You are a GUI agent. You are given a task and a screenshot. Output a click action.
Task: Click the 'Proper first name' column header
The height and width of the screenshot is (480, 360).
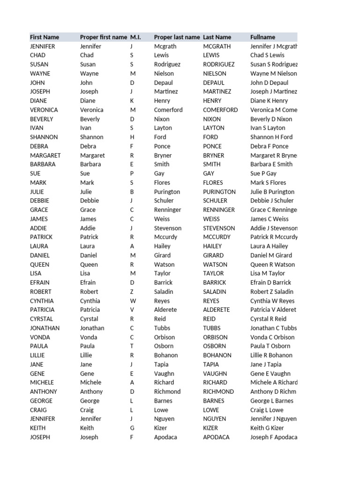tap(103, 37)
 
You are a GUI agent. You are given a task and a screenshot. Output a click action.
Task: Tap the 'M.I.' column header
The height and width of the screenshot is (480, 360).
tap(135, 37)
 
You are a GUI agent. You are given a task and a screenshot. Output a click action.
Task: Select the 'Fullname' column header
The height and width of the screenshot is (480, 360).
tap(262, 37)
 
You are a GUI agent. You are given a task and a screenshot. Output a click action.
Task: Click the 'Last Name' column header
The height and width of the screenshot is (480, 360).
tap(217, 37)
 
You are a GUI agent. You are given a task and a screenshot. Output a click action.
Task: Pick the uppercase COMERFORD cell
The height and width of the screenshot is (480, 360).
tap(220, 110)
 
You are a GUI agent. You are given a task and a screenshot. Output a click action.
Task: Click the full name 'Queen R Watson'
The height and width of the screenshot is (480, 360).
tap(272, 264)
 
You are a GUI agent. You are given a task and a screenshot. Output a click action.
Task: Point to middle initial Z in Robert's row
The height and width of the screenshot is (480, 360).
tap(132, 292)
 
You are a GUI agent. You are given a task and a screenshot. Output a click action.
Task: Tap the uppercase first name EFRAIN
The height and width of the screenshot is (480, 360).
tap(40, 283)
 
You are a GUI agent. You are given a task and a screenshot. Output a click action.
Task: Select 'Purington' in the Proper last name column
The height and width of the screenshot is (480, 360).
tap(167, 192)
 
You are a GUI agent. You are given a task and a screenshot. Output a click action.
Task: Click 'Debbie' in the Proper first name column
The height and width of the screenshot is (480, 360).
tap(89, 201)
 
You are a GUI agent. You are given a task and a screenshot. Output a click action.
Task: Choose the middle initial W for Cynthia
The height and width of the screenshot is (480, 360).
tap(133, 301)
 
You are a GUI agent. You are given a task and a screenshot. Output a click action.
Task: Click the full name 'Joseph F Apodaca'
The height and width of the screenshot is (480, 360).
tap(274, 437)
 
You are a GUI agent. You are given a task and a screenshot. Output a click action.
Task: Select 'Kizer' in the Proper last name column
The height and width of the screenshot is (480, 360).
tap(162, 428)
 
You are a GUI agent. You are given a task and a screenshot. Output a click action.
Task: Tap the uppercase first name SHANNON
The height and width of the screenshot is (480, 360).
tap(44, 137)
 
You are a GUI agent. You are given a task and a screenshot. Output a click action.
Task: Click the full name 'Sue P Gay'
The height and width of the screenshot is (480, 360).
tap(263, 173)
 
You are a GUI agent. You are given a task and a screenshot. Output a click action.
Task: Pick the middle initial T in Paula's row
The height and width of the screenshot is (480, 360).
tap(132, 346)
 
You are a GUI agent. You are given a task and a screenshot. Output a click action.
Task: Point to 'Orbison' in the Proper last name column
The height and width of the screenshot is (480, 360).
tap(165, 337)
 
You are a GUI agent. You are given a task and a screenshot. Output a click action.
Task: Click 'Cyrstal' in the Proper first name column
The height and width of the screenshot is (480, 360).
tap(89, 319)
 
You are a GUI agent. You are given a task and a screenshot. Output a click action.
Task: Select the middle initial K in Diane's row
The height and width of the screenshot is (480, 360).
tap(132, 101)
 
